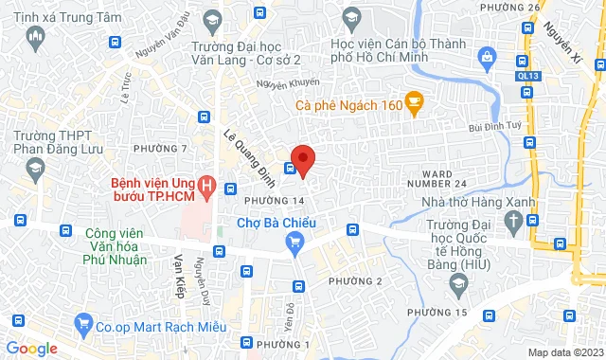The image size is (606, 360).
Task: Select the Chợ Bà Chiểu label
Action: [x=276, y=224]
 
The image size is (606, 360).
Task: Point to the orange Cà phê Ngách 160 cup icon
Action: [x=414, y=104]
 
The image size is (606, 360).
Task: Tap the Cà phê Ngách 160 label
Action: [x=348, y=105]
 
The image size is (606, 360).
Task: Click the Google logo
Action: [x=32, y=348]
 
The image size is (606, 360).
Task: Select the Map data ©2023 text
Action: [x=564, y=352]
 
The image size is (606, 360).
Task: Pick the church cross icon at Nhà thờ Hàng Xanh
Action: [x=514, y=224]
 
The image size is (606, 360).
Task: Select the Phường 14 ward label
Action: [x=274, y=201]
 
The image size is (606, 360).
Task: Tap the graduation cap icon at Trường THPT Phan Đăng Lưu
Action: [x=35, y=168]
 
